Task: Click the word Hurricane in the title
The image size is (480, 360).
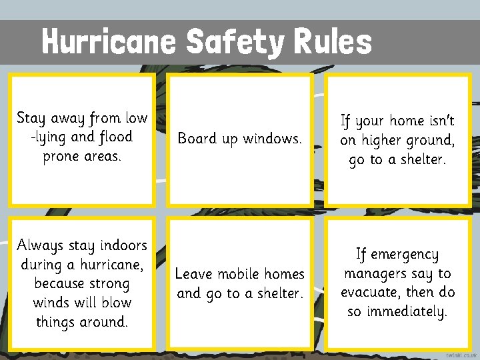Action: click(109, 41)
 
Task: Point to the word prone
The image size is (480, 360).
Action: click(64, 157)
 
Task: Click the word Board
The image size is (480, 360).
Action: click(197, 139)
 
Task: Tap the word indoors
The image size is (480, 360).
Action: click(119, 245)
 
